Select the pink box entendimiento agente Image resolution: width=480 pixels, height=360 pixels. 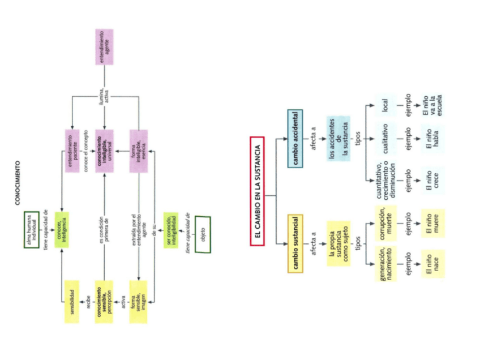[x=104, y=46]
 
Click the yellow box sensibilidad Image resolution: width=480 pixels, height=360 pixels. [x=71, y=302]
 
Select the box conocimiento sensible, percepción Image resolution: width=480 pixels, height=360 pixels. [x=104, y=302]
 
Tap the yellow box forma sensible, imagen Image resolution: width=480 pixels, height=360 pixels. [x=139, y=302]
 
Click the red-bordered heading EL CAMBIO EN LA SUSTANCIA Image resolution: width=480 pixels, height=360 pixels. [x=257, y=191]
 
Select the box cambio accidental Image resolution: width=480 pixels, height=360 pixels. [x=295, y=138]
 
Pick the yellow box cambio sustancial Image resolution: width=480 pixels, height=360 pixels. [x=295, y=243]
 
